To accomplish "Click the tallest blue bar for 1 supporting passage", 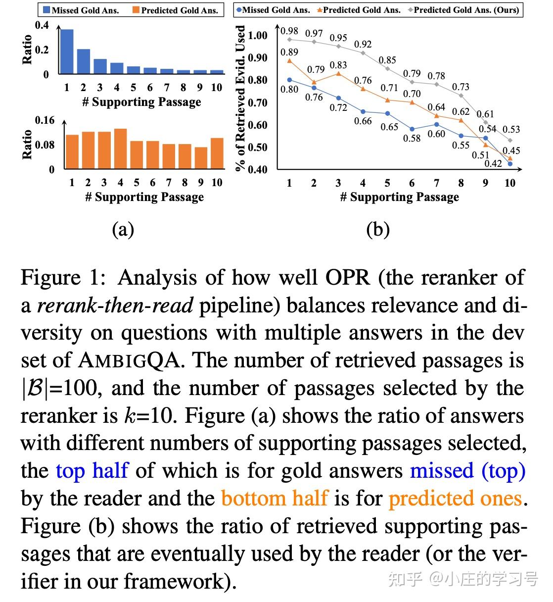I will tap(67, 51).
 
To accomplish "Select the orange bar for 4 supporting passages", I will tap(120, 149).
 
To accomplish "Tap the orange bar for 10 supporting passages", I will tap(217, 153).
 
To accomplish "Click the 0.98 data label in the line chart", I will tap(289, 31).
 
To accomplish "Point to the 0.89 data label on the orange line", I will tap(289, 52).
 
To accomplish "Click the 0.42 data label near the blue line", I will tap(493, 163).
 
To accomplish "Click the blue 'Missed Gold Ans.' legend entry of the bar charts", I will tap(81, 10).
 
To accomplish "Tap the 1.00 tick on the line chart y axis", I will tap(258, 36).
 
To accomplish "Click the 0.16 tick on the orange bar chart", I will tap(45, 120).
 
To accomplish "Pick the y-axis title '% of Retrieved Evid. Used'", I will tap(241, 98).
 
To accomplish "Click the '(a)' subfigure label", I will tap(123, 229).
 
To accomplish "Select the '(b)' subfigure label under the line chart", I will tap(378, 229).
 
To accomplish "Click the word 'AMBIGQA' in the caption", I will tap(132, 360).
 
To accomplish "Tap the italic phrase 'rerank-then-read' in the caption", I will tap(115, 305).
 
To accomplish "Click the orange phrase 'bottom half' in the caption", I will tap(274, 498).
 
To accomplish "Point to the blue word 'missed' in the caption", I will tap(442, 470).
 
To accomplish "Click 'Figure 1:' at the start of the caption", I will tap(63, 278).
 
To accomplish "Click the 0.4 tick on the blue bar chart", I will tap(42, 25).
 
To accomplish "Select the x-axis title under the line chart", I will tap(399, 197).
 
